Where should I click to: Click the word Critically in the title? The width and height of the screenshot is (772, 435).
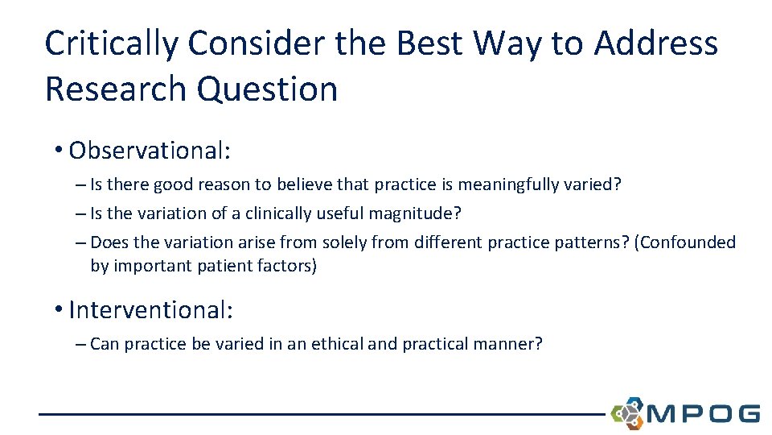111,43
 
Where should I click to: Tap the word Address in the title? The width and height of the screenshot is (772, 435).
655,43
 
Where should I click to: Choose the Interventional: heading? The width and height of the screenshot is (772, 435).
150,309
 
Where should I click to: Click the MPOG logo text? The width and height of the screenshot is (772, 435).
703,413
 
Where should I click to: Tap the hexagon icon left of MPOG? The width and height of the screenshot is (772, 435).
627,413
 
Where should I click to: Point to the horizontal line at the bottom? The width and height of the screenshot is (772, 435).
322,414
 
